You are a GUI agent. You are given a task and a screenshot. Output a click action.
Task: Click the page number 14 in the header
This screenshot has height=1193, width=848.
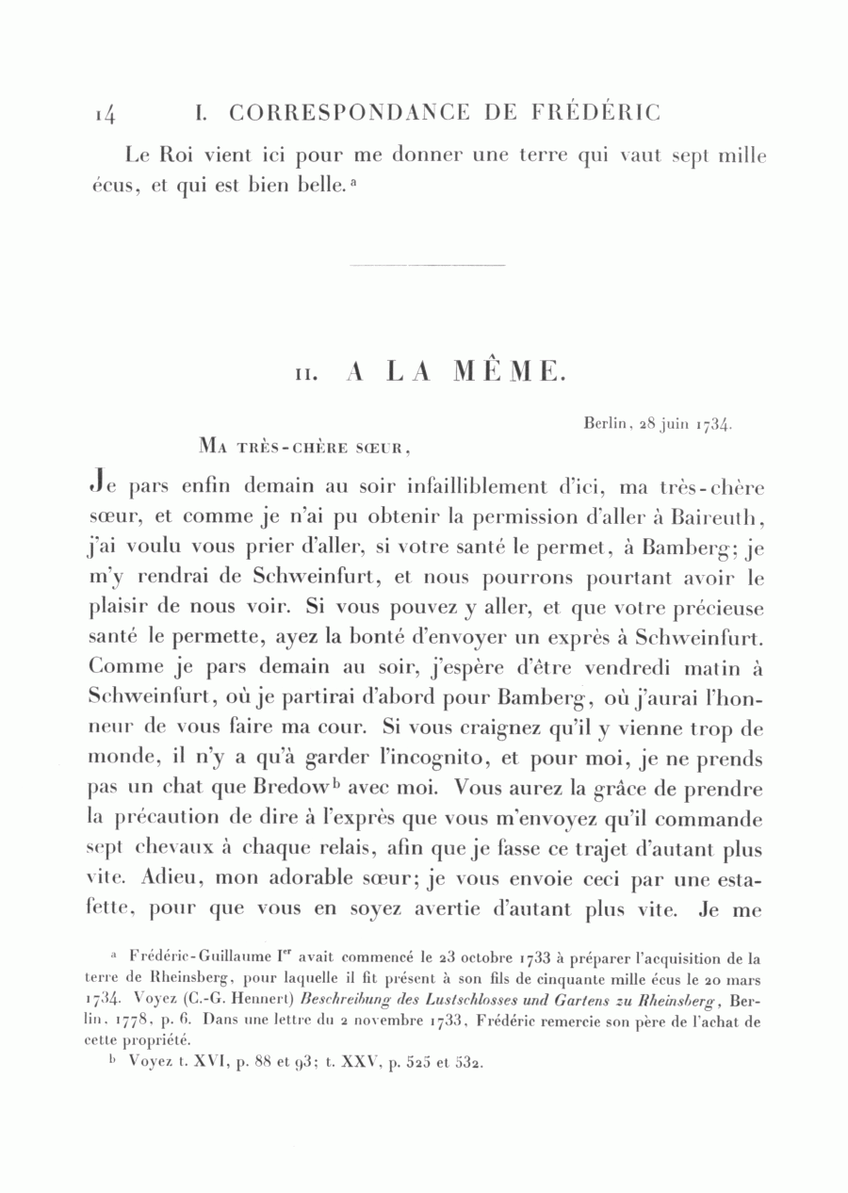[x=105, y=114]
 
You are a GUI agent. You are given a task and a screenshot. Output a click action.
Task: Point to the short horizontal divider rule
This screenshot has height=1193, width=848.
[x=427, y=265]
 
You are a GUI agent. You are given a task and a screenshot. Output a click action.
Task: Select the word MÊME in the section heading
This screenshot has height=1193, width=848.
[x=510, y=372]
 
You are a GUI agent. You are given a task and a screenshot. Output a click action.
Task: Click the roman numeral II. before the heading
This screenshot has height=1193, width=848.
[x=309, y=374]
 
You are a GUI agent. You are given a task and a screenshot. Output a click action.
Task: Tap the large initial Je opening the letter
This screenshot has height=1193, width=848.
[x=104, y=487]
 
